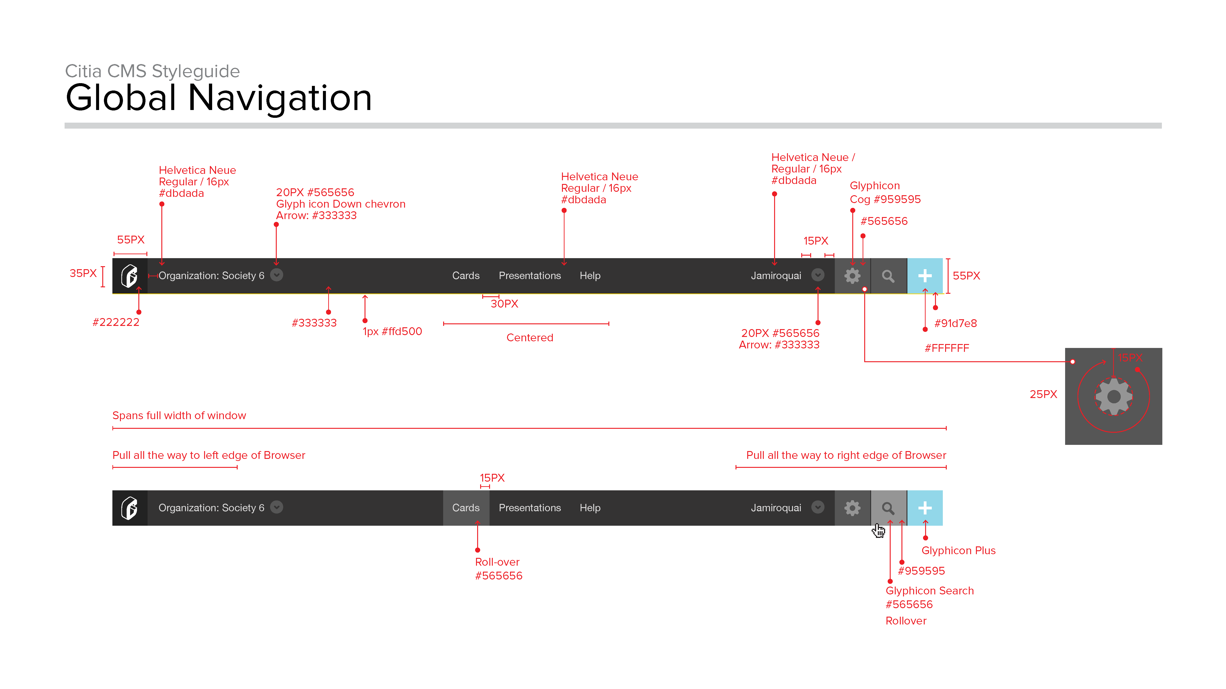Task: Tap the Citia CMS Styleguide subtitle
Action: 152,71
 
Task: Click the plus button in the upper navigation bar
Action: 925,276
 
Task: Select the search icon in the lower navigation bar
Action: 888,508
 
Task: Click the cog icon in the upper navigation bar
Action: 852,276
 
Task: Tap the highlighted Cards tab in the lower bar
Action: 466,508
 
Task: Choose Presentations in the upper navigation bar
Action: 530,276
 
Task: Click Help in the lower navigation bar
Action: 590,508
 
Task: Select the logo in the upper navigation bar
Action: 129,276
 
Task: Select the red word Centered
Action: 530,338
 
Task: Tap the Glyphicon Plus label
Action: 958,551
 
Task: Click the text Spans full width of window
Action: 179,416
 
